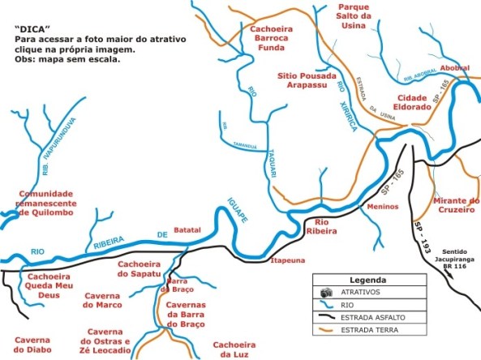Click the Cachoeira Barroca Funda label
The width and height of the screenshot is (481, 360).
click(265, 36)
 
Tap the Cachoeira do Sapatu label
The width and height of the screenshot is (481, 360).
click(140, 268)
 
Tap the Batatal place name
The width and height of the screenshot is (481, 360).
click(187, 230)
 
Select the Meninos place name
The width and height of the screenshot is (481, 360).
click(380, 206)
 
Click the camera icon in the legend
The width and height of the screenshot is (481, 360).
click(328, 291)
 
